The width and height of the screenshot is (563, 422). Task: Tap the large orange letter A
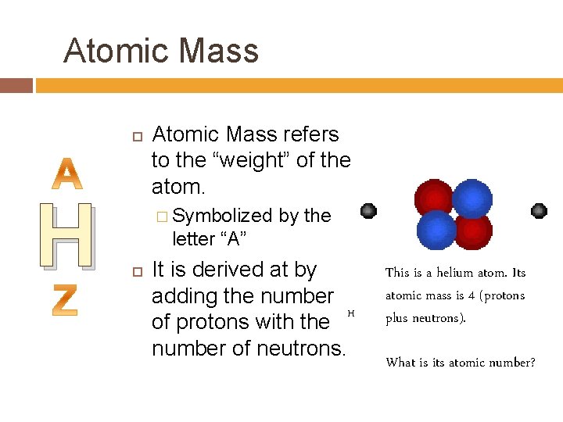(x=69, y=174)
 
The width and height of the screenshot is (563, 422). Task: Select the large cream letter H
(x=67, y=235)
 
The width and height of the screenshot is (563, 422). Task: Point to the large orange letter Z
(x=66, y=299)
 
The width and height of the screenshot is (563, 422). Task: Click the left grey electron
(x=368, y=211)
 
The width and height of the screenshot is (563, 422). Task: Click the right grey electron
(x=539, y=210)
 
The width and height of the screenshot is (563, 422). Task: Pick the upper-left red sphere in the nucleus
(x=432, y=198)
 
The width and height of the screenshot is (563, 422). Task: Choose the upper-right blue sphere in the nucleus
(x=472, y=198)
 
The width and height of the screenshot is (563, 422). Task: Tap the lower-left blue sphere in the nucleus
(x=436, y=230)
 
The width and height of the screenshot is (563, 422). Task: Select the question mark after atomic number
(x=533, y=363)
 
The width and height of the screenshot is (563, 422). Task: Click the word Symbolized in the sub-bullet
(x=222, y=216)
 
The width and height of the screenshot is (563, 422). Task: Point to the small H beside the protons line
(x=351, y=313)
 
